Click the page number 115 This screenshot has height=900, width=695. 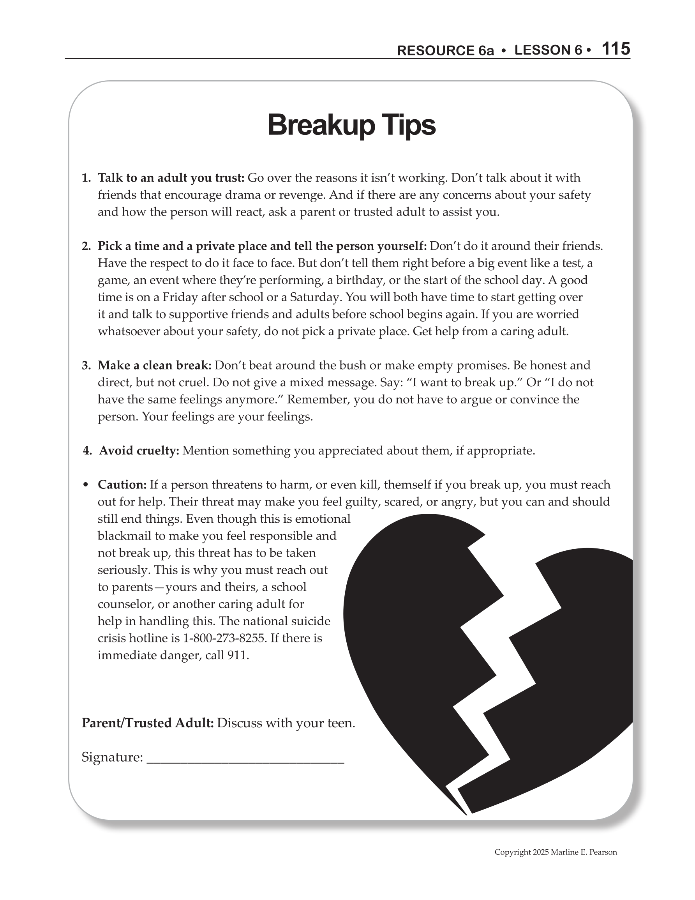click(x=616, y=49)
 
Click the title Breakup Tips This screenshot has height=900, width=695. click(x=351, y=125)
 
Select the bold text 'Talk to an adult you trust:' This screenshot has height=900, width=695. click(x=171, y=178)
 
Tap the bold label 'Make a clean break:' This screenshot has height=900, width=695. click(x=155, y=366)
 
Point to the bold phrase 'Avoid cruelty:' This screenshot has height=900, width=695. click(x=139, y=451)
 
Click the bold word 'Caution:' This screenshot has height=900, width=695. click(x=122, y=485)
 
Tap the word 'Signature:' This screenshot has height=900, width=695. click(x=112, y=757)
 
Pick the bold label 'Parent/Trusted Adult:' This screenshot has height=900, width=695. click(x=148, y=723)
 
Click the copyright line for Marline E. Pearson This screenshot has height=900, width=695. click(x=556, y=852)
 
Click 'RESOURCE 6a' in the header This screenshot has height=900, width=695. click(x=445, y=50)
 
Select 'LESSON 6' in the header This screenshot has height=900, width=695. click(x=549, y=50)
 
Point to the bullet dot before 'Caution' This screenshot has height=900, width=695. click(x=86, y=485)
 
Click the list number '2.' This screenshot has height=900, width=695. click(x=86, y=246)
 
